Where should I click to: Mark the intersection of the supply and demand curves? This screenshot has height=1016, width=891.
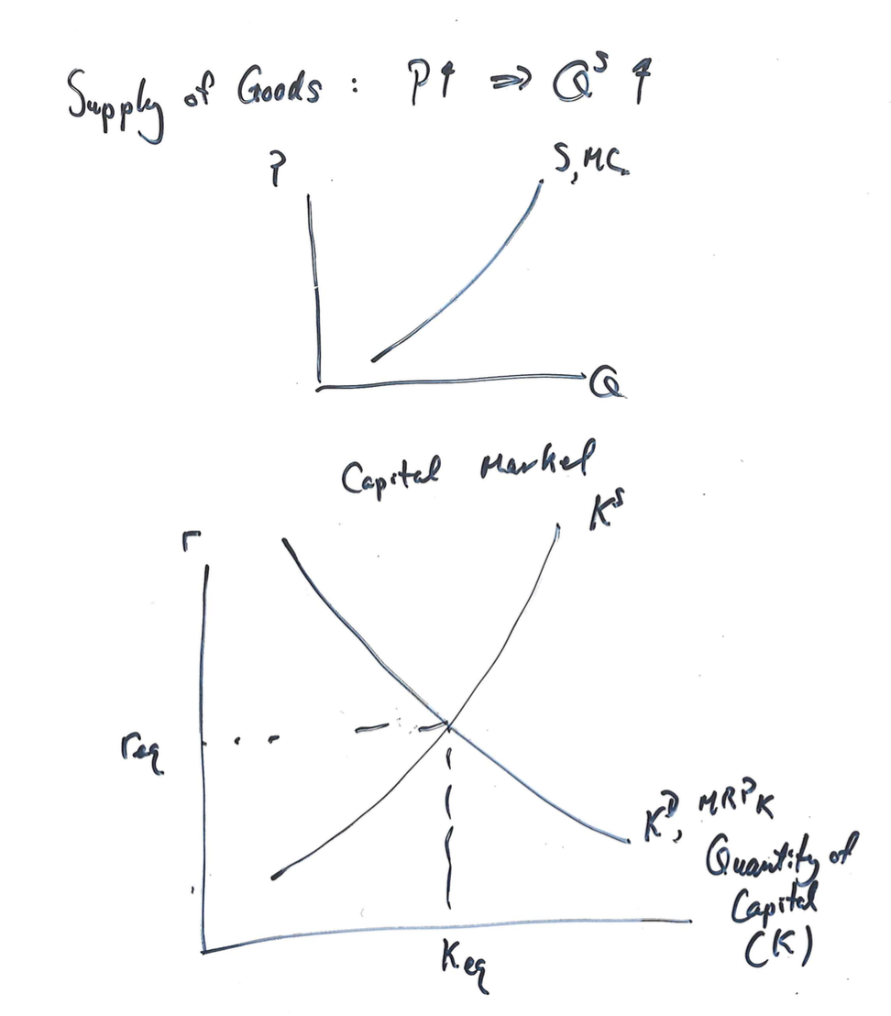click(448, 725)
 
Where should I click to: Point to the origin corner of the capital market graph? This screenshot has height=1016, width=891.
click(203, 949)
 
